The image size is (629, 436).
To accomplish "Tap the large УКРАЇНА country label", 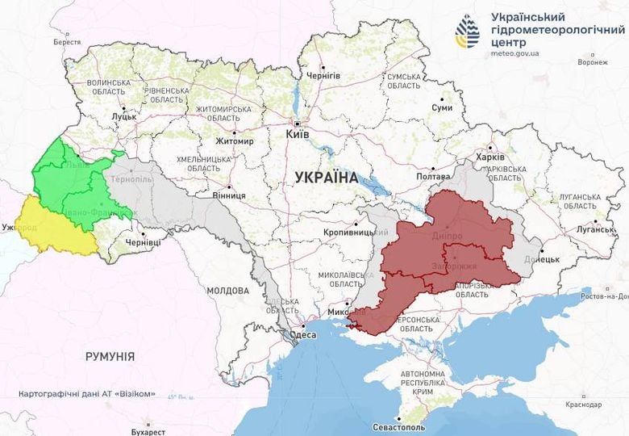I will (327, 177).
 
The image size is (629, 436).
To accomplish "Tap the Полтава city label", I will (432, 176).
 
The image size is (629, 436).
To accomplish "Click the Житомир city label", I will (234, 141).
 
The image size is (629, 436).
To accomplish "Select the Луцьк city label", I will (123, 116).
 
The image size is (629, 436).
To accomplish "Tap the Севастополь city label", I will (398, 426).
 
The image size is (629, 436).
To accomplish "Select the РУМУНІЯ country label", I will (110, 355).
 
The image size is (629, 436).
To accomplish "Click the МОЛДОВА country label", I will (228, 290).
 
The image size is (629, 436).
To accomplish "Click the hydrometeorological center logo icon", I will (467, 31).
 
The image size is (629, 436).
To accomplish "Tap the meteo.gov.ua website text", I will (515, 53).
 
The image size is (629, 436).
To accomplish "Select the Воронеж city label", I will (593, 62).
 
